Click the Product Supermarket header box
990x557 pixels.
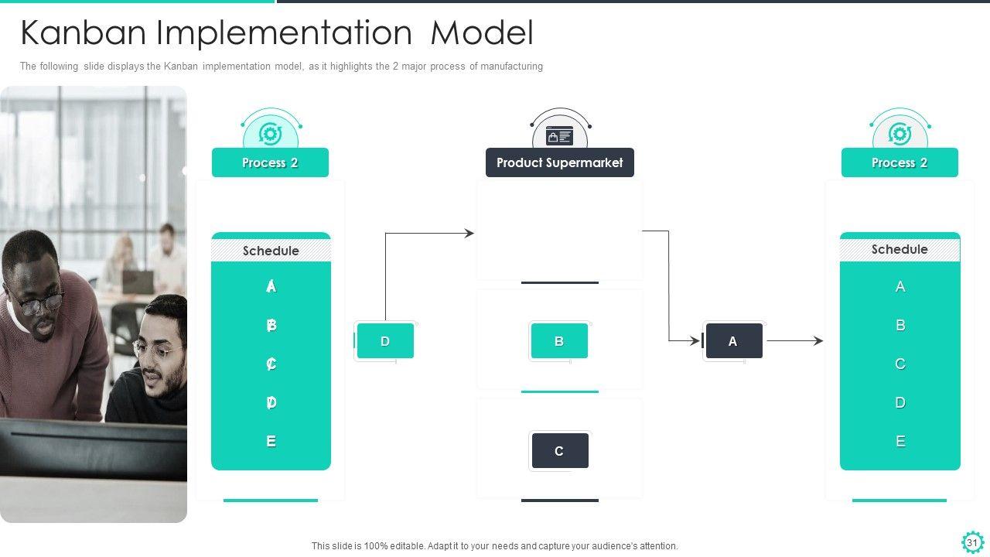559,162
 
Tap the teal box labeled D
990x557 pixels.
385,341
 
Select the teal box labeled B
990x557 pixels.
559,341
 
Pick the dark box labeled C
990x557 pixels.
560,450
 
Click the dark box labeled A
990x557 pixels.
734,341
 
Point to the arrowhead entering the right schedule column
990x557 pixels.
819,341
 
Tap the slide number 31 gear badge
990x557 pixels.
972,542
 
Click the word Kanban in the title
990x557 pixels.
83,32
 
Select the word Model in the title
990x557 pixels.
482,32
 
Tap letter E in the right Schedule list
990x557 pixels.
900,441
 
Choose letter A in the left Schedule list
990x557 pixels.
271,286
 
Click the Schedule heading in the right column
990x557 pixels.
900,249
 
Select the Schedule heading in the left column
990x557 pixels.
271,251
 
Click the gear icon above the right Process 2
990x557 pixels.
900,134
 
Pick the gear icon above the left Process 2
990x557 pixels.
271,134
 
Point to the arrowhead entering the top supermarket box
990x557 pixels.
469,233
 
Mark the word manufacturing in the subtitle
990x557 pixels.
512,67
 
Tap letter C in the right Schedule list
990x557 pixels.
900,364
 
